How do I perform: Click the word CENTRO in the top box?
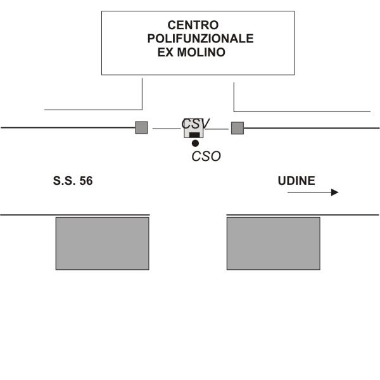[193, 25]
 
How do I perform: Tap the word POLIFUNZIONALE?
[200, 39]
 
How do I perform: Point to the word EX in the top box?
[166, 53]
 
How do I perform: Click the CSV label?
[196, 123]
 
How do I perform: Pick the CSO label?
[206, 156]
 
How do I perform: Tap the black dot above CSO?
[195, 143]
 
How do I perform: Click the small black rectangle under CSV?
[194, 135]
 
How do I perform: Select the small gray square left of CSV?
[141, 127]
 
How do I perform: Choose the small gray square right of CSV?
[237, 128]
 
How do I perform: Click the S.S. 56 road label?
[73, 181]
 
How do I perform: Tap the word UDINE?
[296, 181]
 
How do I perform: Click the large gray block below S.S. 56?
[102, 243]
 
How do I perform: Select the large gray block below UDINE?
[273, 243]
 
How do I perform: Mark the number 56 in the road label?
[85, 181]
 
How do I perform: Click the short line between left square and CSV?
[166, 129]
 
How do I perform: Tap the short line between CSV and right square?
[218, 129]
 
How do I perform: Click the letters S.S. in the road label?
[64, 181]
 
